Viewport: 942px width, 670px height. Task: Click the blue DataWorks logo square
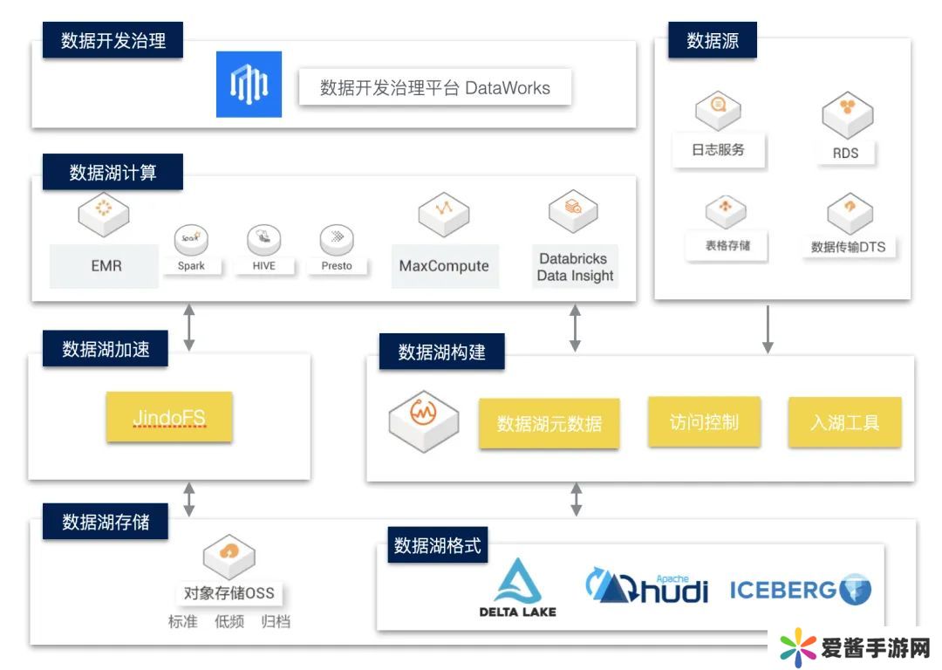click(x=249, y=85)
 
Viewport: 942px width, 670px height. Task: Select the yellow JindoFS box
click(x=169, y=417)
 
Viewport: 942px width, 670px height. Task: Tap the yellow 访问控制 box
click(x=704, y=422)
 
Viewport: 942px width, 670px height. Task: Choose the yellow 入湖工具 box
click(x=844, y=423)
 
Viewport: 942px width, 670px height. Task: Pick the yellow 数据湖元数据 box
click(x=549, y=424)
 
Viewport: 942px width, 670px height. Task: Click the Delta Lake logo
click(x=517, y=588)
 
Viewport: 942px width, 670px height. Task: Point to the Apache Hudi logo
click(x=646, y=586)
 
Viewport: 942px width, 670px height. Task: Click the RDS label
click(x=845, y=153)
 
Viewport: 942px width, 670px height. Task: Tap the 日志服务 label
click(x=718, y=150)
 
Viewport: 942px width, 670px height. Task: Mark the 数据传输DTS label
click(x=848, y=247)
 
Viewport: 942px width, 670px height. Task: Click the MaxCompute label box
click(x=444, y=266)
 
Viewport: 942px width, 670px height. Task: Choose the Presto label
click(x=336, y=265)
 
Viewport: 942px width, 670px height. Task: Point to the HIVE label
click(x=263, y=265)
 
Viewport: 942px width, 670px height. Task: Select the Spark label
click(x=191, y=265)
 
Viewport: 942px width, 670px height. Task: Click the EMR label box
click(x=106, y=266)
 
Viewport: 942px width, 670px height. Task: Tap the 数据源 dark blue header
click(x=713, y=40)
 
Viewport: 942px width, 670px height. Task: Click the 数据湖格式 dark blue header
click(x=437, y=546)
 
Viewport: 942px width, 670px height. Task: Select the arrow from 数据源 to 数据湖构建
click(x=768, y=329)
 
